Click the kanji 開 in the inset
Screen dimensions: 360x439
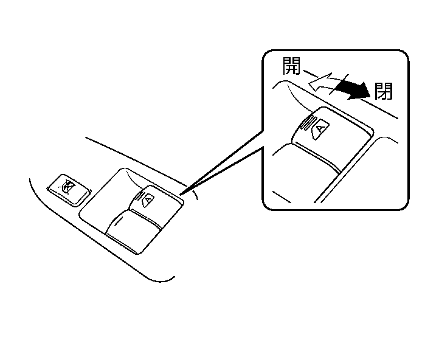pyautogui.click(x=291, y=66)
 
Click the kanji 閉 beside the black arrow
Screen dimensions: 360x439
pyautogui.click(x=384, y=91)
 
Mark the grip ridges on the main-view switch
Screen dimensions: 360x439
pyautogui.click(x=139, y=196)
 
